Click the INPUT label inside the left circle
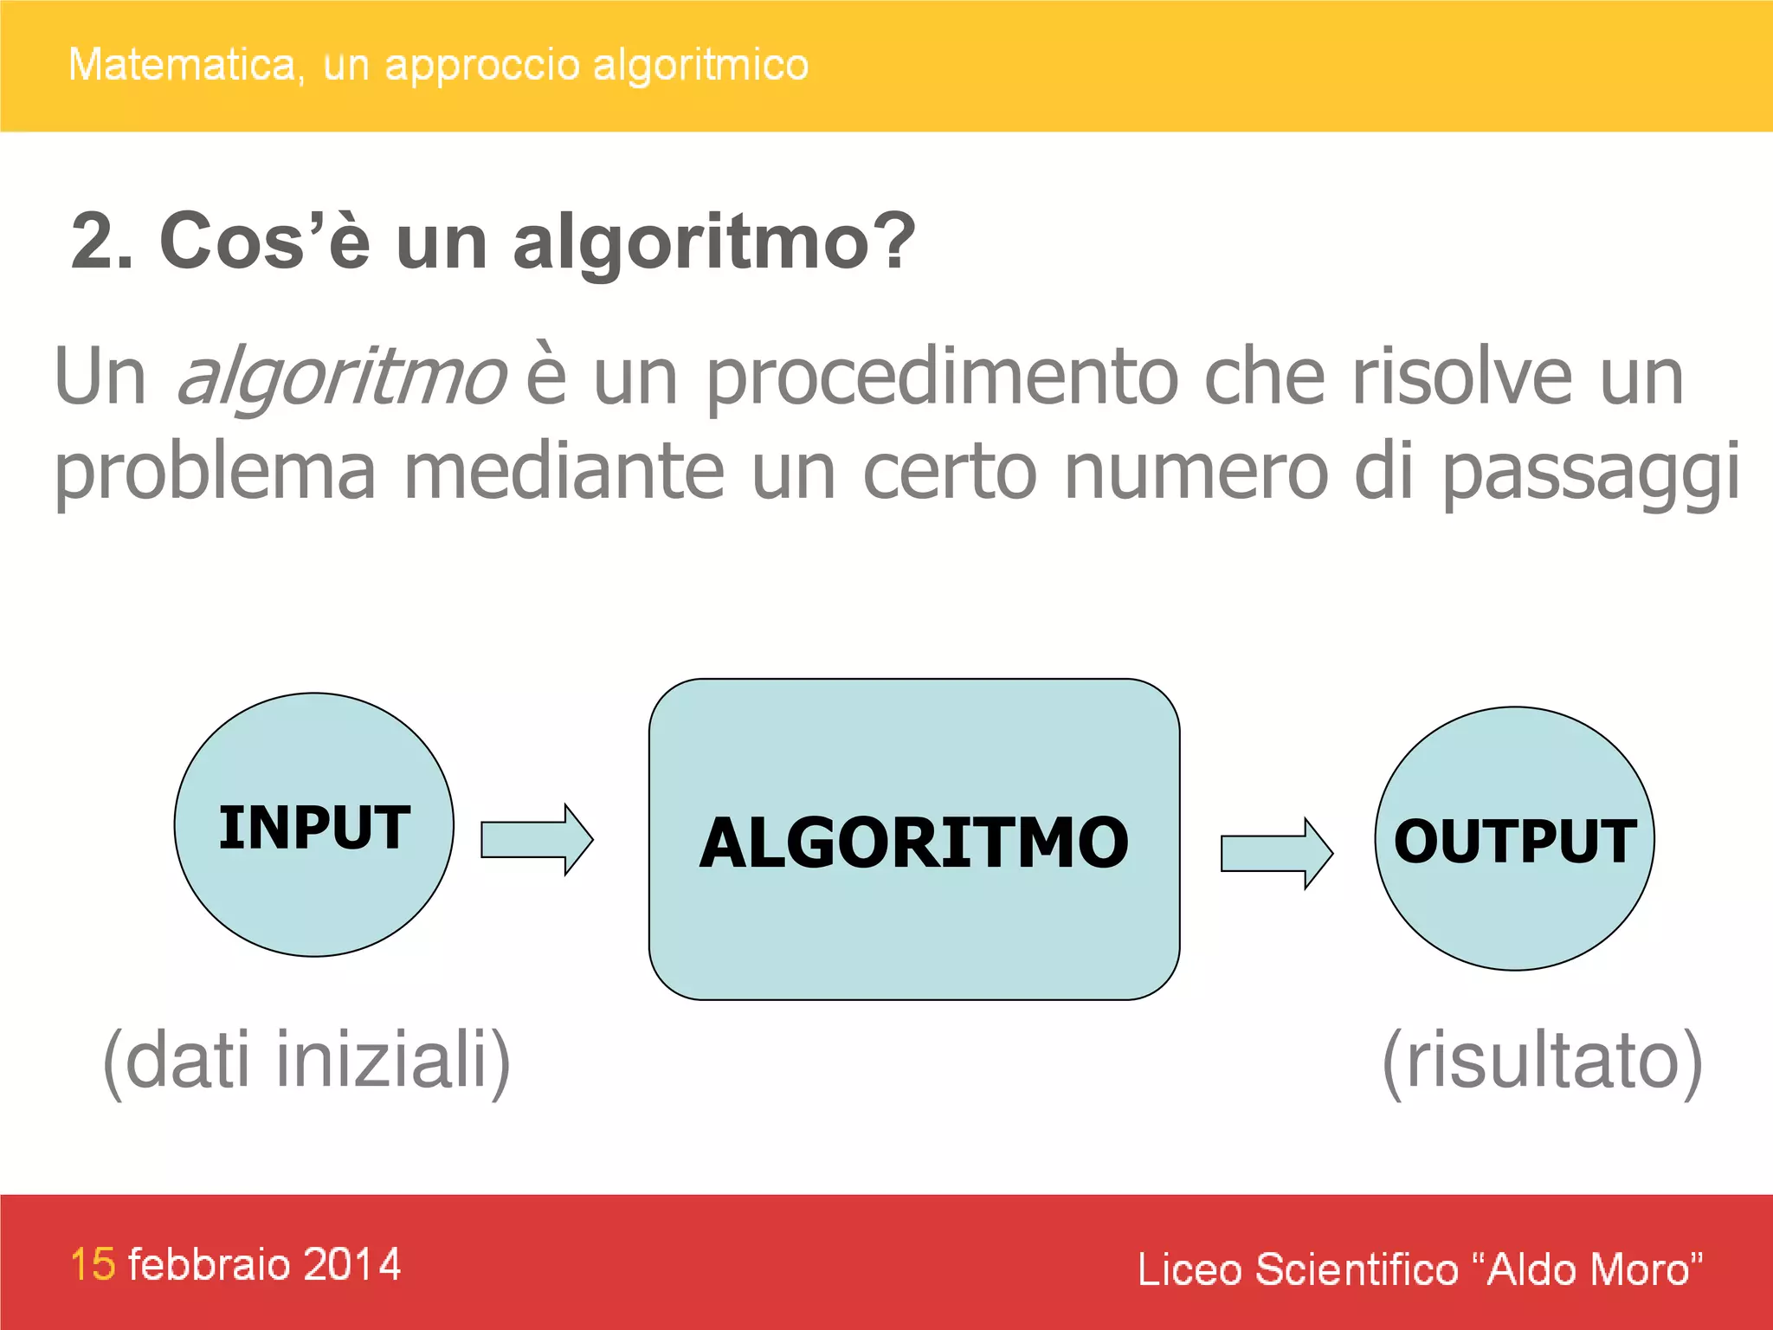coord(314,827)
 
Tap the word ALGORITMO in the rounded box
coord(914,843)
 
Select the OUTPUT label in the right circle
coord(1515,841)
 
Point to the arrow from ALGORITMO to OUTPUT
coord(1276,853)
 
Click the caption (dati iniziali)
coord(306,1060)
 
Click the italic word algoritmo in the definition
coord(341,378)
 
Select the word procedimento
coord(942,378)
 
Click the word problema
coord(215,473)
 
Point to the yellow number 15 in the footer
coord(93,1264)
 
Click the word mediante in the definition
coord(564,473)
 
